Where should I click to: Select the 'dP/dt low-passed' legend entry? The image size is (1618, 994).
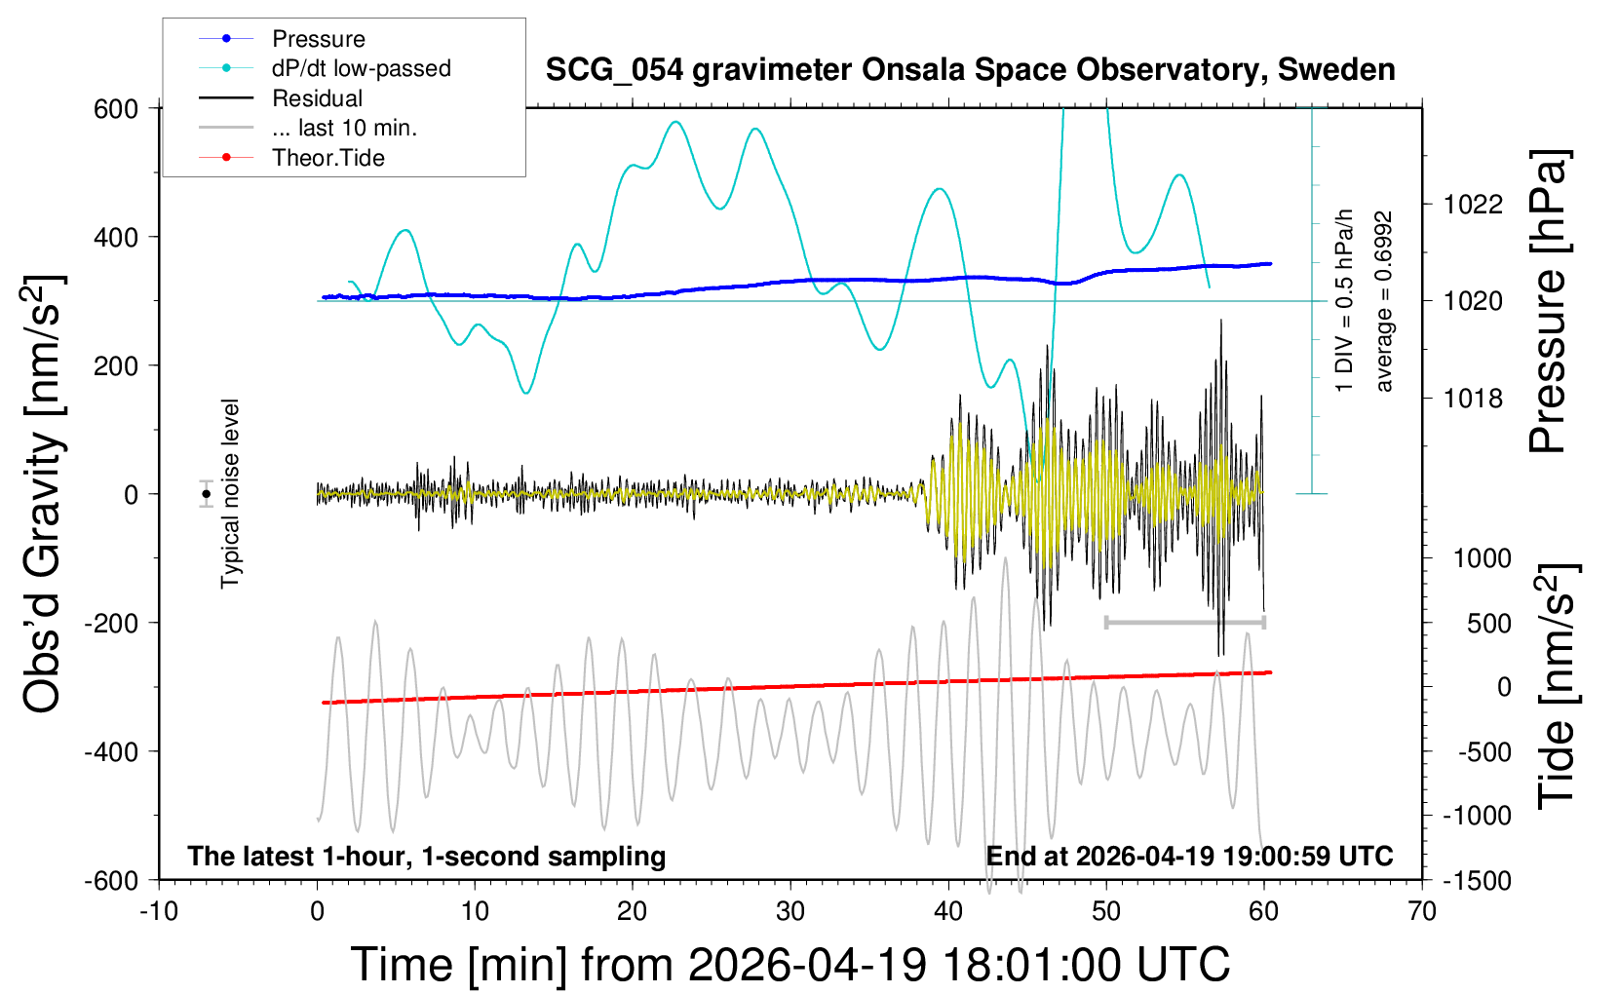coord(361,68)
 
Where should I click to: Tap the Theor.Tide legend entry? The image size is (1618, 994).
coord(327,158)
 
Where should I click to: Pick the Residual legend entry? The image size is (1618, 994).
coord(317,98)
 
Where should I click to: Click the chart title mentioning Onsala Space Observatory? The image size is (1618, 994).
coord(970,70)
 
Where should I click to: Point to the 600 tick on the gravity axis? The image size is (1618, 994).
coord(116,108)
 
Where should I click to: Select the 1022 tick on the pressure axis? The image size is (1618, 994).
coord(1473,205)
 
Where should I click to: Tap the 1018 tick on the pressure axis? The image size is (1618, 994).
coord(1473,398)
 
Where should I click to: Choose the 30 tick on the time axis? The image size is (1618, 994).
coord(790,912)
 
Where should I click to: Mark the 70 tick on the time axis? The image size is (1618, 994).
coord(1422,912)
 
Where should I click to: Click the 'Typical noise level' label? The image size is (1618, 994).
coord(230,494)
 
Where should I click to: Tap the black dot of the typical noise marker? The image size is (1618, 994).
coord(206,494)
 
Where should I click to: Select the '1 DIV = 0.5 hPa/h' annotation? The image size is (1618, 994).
coord(1345,300)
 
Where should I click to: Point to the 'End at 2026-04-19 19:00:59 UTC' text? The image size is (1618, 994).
coord(1189,857)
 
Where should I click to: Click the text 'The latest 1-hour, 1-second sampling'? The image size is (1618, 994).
coord(427,857)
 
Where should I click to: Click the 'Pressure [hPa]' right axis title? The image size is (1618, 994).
coord(1547,302)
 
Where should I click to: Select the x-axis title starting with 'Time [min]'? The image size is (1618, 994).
coord(790,965)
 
